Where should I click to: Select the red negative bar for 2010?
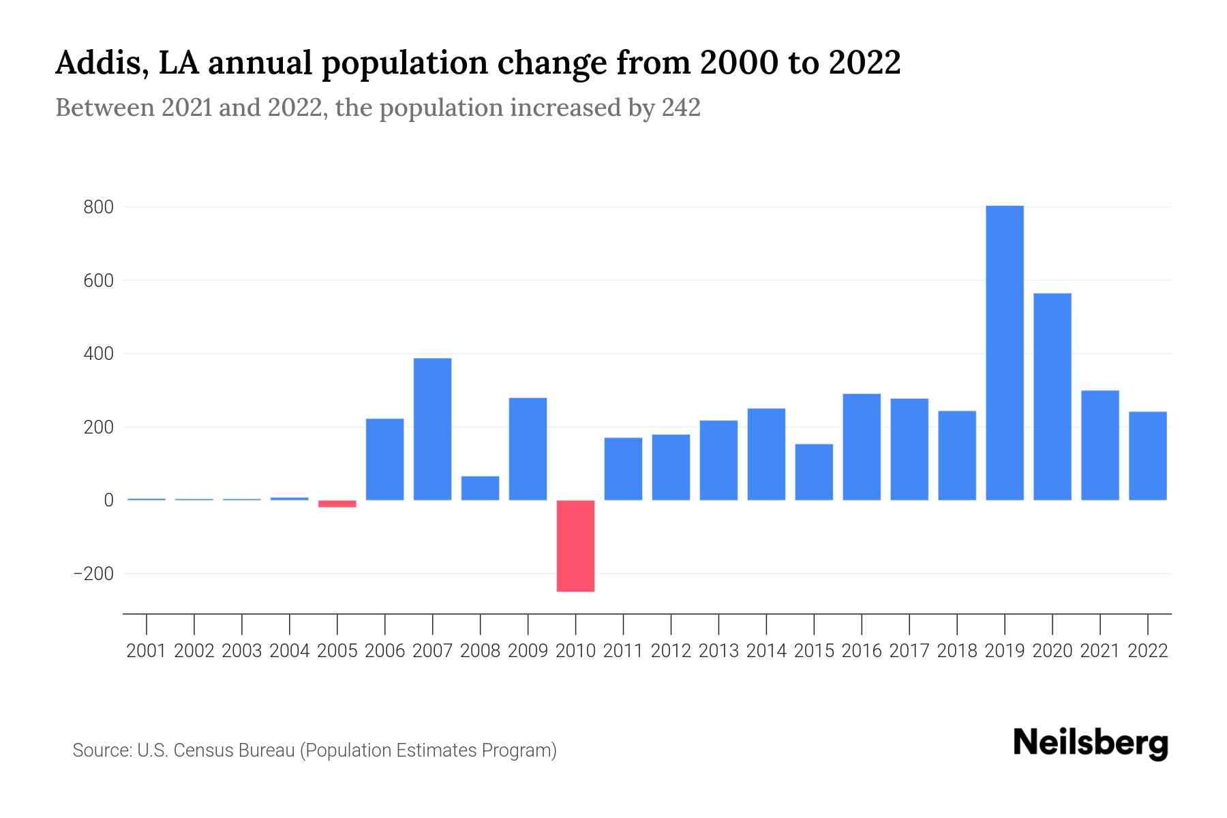[x=575, y=546]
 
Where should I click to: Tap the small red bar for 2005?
[x=337, y=504]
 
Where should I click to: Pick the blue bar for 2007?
[x=432, y=429]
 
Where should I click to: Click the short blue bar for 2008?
[x=480, y=488]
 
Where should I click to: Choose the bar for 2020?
[x=1052, y=397]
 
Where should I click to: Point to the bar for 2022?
[x=1148, y=456]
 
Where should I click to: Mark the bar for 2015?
[x=814, y=472]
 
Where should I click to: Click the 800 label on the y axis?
[x=98, y=207]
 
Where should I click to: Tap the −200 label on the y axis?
[x=93, y=574]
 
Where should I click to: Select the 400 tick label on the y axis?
[x=98, y=354]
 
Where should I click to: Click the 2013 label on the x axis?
[x=718, y=651]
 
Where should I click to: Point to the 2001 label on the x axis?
[x=147, y=651]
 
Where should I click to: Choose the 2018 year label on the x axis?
[x=957, y=651]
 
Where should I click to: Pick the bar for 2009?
[x=528, y=449]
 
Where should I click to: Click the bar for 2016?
[x=862, y=447]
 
